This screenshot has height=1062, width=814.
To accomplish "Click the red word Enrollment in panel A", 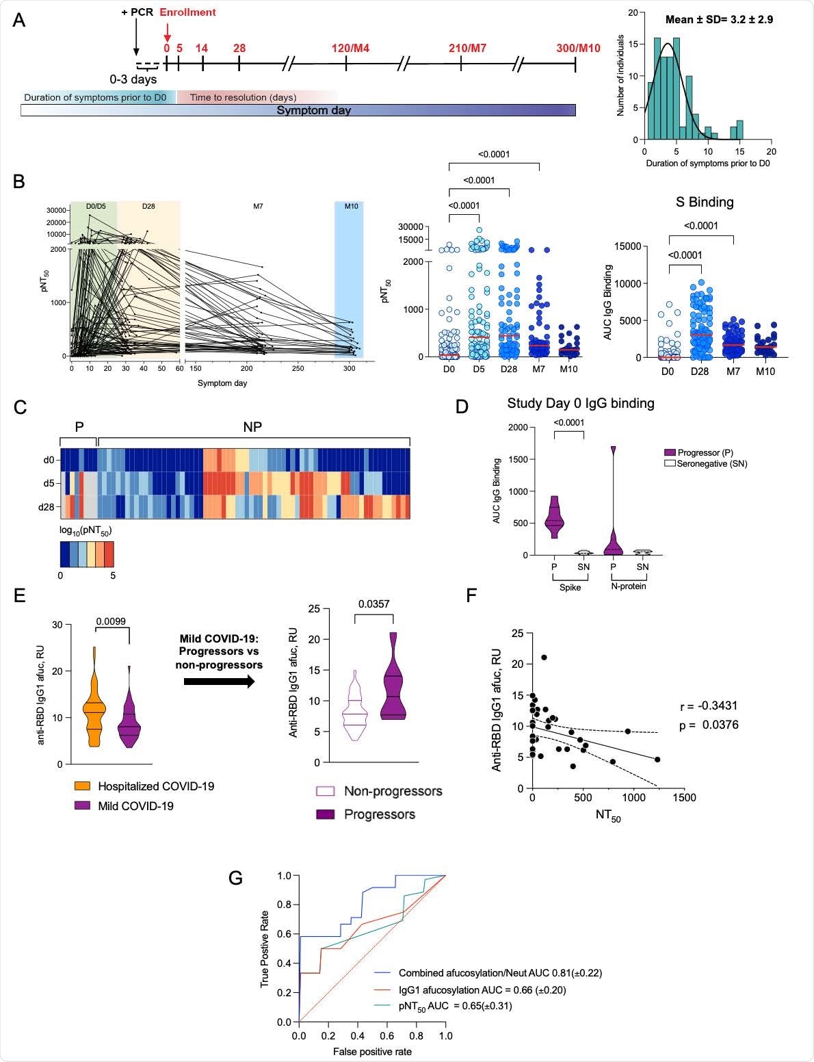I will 187,12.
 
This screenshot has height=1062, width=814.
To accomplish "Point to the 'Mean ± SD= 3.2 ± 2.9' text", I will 719,19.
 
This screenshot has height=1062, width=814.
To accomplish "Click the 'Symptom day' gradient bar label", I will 313,110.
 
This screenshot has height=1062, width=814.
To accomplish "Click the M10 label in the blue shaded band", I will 351,206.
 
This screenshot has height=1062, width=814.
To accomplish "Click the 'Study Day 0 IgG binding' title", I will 580,403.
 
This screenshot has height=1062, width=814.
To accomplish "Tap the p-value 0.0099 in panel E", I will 111,621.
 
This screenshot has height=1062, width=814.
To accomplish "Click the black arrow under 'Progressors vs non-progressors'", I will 219,682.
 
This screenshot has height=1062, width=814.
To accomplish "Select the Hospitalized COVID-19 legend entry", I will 155,786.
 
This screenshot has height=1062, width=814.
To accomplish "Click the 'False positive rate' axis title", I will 372,1051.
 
